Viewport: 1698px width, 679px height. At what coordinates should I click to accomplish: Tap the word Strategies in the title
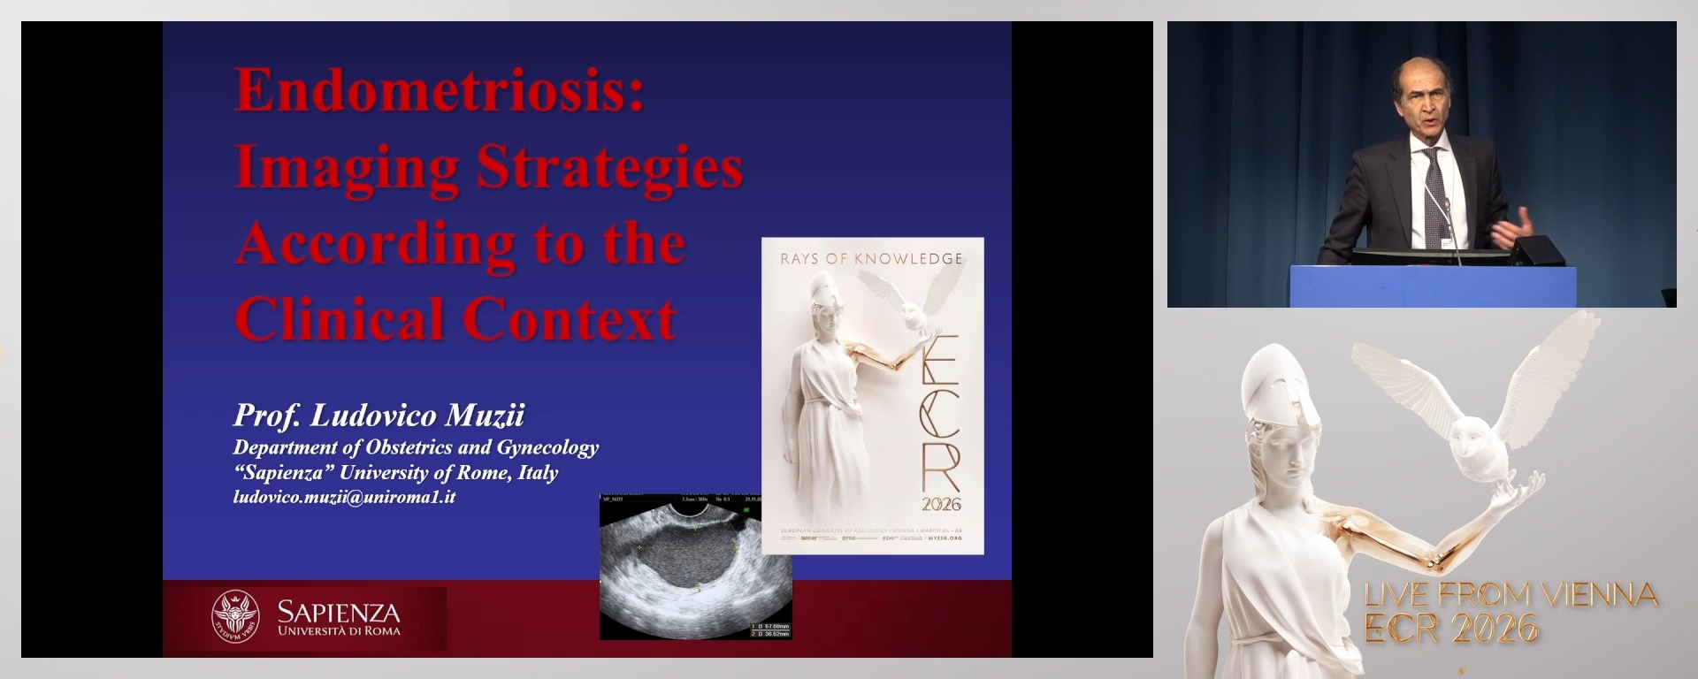[610, 168]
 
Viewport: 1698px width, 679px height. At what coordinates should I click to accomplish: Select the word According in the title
[376, 245]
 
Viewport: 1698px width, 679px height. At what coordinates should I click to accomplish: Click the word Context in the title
[570, 320]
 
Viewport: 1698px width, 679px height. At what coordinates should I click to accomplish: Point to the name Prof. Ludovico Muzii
[379, 416]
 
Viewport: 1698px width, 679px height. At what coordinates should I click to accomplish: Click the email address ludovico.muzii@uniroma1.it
[344, 497]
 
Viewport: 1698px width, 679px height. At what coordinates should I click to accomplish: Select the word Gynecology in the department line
[547, 447]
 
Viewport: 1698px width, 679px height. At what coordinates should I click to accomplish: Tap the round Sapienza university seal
[235, 615]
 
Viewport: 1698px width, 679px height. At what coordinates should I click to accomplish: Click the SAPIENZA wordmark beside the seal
[339, 612]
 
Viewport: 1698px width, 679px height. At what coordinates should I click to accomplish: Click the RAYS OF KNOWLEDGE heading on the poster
[871, 259]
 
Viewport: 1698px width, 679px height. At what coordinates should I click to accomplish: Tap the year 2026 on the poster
[941, 505]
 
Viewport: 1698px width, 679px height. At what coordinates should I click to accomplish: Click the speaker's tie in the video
[1434, 199]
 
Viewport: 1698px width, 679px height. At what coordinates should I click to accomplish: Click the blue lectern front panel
[1433, 287]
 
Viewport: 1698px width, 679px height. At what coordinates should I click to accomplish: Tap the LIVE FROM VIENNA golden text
[1511, 595]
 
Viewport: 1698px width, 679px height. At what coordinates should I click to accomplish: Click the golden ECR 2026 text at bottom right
[1450, 629]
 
